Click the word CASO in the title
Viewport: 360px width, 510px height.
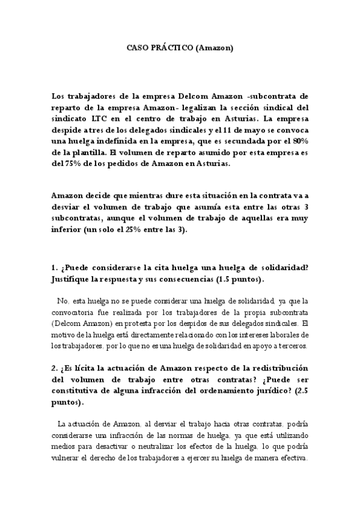point(136,46)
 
